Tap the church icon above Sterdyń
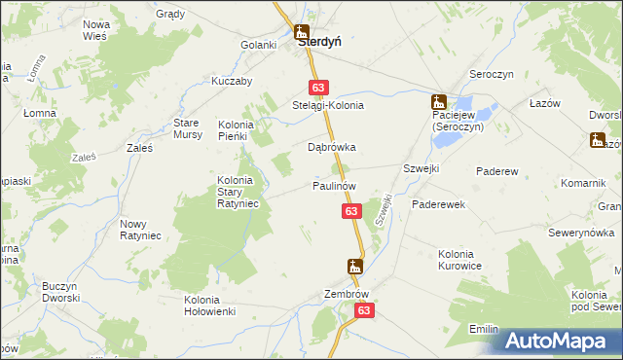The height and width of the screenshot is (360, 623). coord(301,31)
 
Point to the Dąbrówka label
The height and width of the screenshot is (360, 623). coord(332,148)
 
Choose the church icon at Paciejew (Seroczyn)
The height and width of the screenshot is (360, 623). coord(439,100)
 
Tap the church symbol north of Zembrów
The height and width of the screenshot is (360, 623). coord(356,266)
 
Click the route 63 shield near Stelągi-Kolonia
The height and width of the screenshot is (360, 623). coord(317,87)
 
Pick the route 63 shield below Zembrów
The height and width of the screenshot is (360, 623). coord(363,310)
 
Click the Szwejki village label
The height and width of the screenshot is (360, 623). coord(421,168)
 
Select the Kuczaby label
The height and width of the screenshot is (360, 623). coord(232,81)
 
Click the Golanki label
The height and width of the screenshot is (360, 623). coord(260,45)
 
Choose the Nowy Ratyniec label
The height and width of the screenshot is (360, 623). coord(140,230)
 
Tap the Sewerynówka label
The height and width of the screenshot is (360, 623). coord(580,233)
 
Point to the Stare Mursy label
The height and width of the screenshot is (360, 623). coord(187,128)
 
